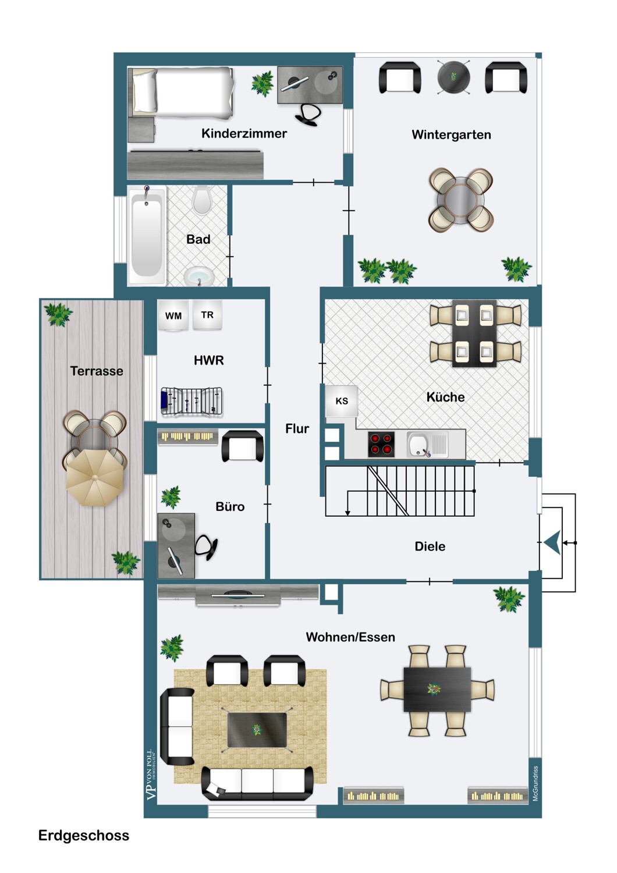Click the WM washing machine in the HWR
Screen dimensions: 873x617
point(173,316)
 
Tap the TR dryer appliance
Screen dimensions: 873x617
point(207,315)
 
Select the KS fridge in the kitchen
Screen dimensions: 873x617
point(342,401)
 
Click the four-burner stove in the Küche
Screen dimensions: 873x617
point(381,443)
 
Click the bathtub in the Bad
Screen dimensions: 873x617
point(146,235)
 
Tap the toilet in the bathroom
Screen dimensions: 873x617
point(202,200)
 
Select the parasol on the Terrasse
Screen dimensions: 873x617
point(94,478)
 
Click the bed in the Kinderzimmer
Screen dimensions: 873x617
point(183,92)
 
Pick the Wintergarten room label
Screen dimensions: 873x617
point(451,134)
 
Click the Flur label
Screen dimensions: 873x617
point(297,429)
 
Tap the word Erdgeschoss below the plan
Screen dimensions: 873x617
point(84,836)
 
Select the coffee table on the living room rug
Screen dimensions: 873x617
point(257,730)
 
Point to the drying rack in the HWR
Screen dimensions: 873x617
point(192,402)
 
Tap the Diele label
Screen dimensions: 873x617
point(430,546)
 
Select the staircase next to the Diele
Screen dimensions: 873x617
point(399,491)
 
